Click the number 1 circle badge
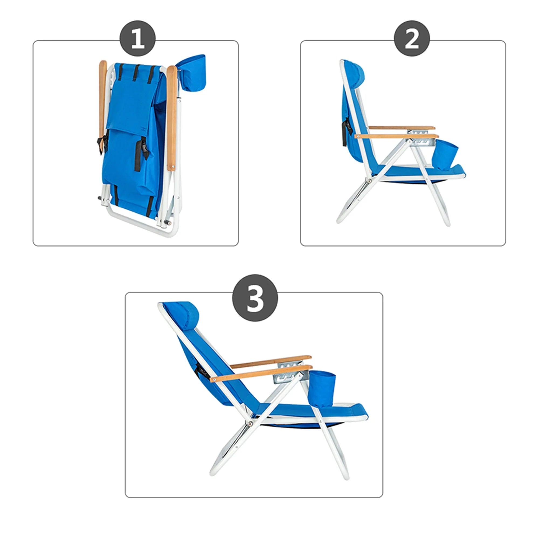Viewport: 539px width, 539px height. (137, 39)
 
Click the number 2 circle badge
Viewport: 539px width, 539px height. (412, 39)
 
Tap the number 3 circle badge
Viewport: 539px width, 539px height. (255, 298)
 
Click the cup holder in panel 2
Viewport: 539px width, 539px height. (446, 154)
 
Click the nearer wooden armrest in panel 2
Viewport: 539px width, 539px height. (396, 136)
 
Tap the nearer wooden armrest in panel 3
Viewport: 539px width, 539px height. (261, 373)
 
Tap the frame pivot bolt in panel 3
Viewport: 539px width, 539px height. (250, 424)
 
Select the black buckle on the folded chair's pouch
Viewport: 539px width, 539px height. (144, 146)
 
